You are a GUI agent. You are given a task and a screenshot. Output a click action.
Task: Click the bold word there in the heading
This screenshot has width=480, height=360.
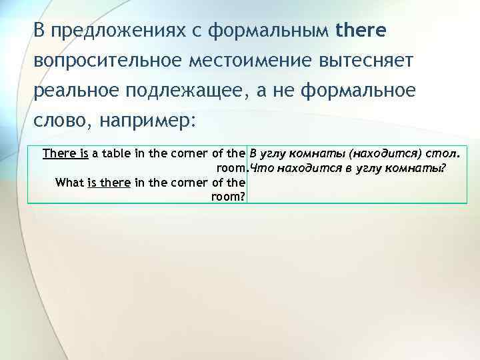tap(362, 31)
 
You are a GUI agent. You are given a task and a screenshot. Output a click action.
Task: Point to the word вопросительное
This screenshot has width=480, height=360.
tap(109, 61)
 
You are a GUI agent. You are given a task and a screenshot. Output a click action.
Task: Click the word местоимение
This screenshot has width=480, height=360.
tap(259, 61)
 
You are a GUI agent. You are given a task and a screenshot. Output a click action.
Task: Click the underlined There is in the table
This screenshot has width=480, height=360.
tap(65, 153)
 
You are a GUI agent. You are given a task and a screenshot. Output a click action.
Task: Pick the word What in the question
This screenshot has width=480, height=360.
tap(69, 181)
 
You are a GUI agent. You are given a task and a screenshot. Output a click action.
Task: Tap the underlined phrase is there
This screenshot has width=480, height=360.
tap(109, 181)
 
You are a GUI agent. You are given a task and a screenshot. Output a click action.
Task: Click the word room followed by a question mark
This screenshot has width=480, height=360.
tap(227, 196)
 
